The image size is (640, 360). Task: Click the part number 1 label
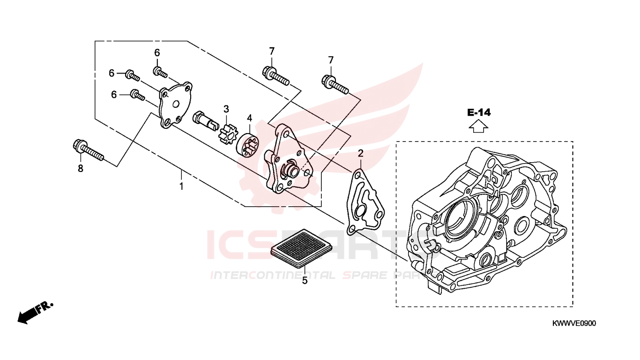(181, 187)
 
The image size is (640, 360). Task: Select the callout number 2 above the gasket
(361, 153)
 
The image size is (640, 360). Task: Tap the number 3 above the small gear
(226, 109)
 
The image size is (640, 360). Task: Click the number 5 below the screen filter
(305, 281)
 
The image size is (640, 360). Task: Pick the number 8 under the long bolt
(81, 168)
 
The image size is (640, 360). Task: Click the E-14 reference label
(478, 112)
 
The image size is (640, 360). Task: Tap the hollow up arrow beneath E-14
(478, 126)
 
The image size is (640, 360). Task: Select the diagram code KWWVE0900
(574, 324)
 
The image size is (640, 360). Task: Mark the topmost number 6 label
(157, 52)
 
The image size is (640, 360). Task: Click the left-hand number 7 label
(272, 51)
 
